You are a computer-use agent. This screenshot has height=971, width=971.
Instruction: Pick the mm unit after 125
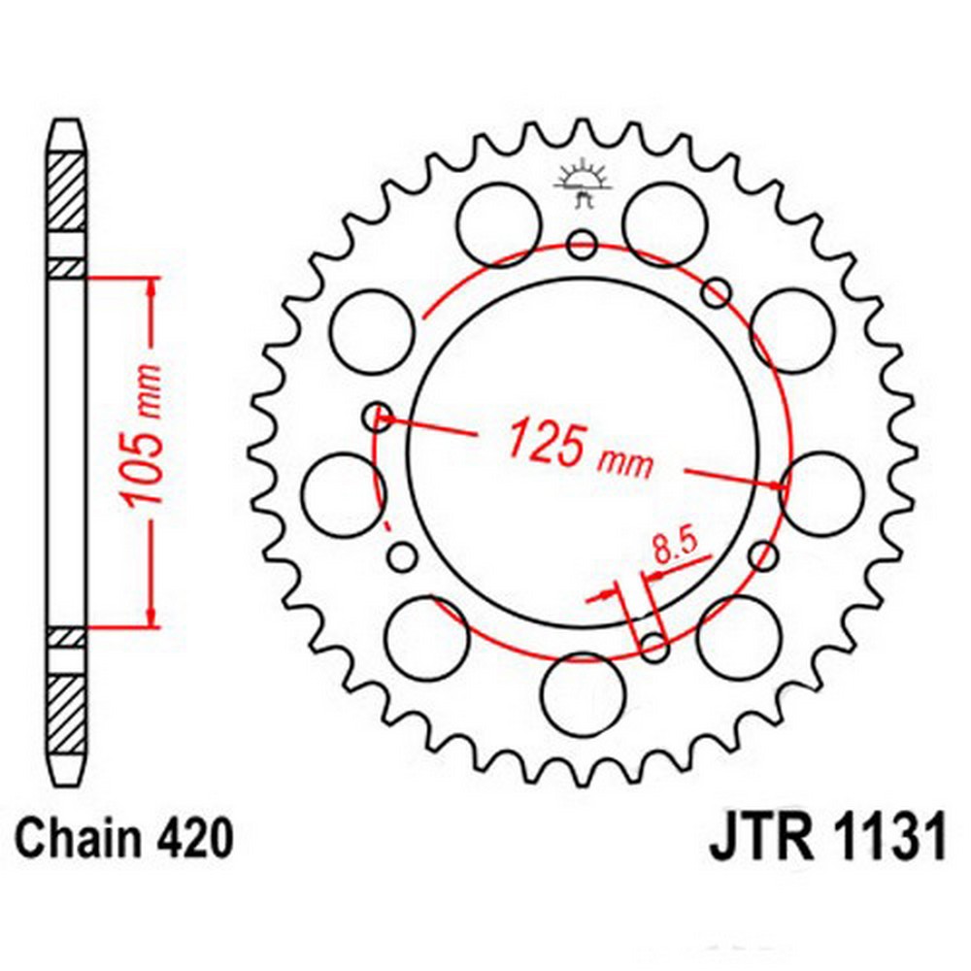[x=625, y=463]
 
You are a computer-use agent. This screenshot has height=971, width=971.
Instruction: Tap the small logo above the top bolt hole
[x=583, y=181]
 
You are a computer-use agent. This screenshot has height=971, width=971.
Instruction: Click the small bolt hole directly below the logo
[x=583, y=243]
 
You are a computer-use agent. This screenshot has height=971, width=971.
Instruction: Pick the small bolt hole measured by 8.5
[x=653, y=644]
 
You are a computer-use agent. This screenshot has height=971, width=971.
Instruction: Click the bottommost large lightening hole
[x=582, y=695]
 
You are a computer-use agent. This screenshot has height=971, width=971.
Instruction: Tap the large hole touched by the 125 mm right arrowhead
[x=822, y=493]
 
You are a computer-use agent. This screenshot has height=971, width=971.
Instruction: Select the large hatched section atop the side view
[x=67, y=192]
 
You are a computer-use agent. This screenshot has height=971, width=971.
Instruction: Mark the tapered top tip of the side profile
[x=67, y=131]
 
